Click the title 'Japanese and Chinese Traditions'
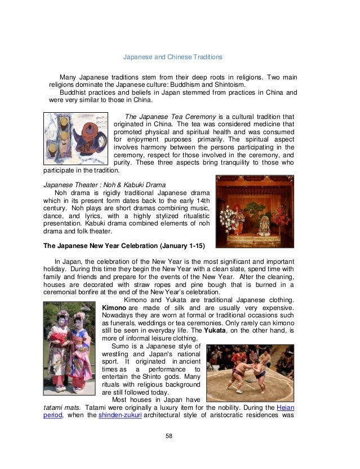(173, 57)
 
